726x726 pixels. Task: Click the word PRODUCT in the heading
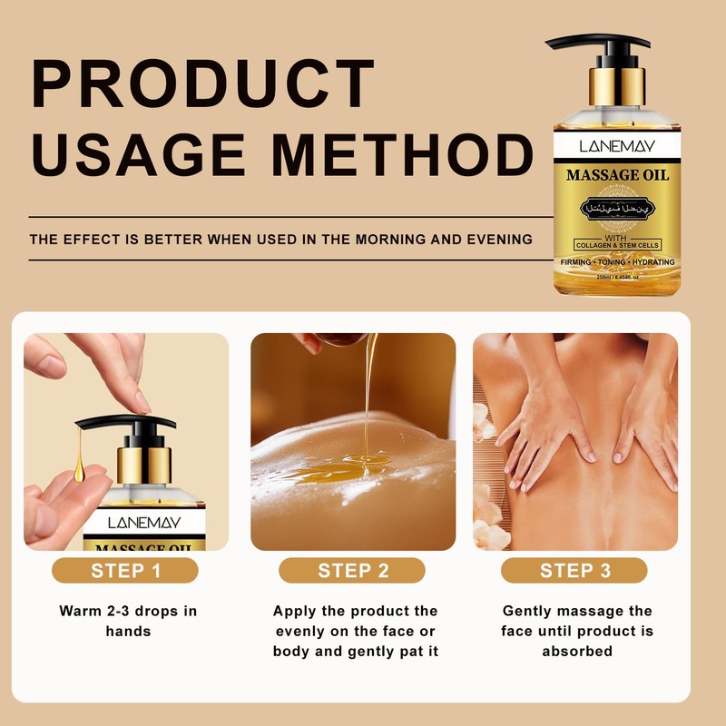pos(203,83)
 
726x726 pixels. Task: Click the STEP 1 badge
pos(126,571)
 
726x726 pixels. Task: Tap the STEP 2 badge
pos(353,571)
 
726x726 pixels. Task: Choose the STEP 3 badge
pos(575,571)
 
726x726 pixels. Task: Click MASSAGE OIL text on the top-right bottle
pos(617,174)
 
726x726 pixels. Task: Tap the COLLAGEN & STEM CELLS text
pos(616,245)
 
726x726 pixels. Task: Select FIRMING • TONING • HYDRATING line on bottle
pos(616,261)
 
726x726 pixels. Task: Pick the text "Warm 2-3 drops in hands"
pos(127,620)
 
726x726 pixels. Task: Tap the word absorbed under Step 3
pos(575,651)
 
